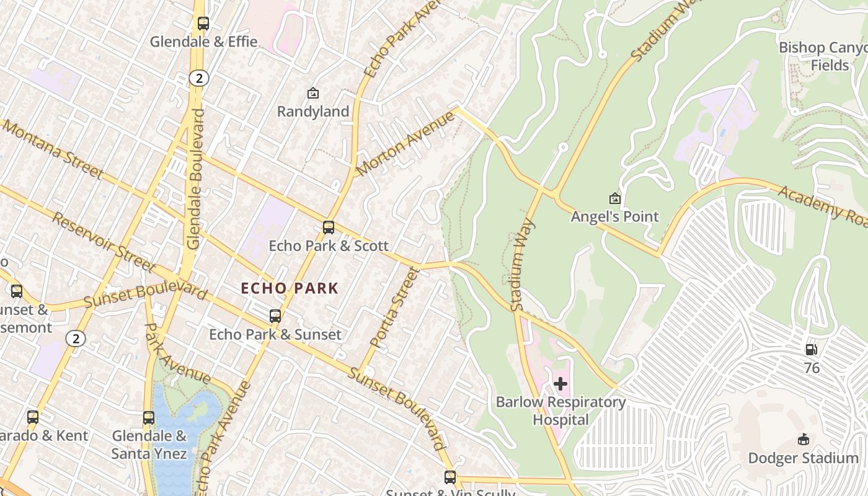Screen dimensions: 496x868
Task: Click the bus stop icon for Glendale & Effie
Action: point(203,24)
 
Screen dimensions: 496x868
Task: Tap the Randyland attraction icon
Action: point(313,94)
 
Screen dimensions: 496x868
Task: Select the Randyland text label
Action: point(313,112)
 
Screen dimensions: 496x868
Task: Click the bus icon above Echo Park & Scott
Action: point(329,228)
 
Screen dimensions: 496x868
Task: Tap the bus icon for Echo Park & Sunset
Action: point(275,316)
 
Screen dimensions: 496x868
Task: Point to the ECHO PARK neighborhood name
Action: point(290,288)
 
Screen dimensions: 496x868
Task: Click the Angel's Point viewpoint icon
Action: point(614,198)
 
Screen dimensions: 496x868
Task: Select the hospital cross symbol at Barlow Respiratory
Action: point(560,384)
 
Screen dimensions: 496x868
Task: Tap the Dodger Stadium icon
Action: point(804,440)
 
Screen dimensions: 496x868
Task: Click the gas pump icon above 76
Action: point(811,350)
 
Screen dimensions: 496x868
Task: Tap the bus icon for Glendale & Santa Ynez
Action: point(148,418)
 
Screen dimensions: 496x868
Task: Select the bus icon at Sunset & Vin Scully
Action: point(450,477)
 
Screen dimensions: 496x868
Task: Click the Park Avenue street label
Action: point(177,353)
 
